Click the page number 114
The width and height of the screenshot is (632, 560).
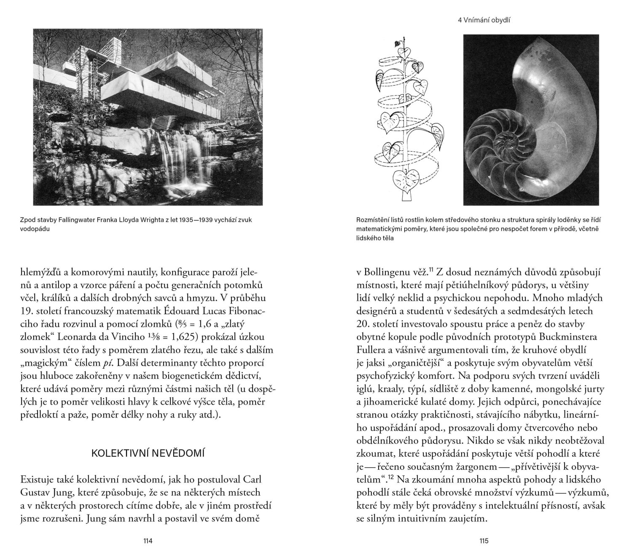point(147,541)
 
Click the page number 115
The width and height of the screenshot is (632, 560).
point(484,541)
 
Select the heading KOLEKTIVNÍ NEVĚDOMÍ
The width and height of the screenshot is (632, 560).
point(148,454)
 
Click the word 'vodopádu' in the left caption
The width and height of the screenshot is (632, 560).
point(32,229)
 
